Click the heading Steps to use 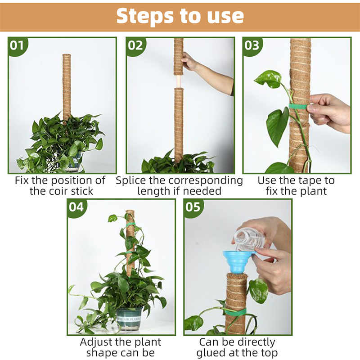[x=180, y=16]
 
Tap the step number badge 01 [x=17, y=45]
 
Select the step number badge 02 [x=135, y=45]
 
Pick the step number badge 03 [x=252, y=45]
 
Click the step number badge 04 [x=76, y=207]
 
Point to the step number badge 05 [x=193, y=207]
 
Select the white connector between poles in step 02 [x=178, y=81]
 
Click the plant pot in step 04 [x=129, y=318]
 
